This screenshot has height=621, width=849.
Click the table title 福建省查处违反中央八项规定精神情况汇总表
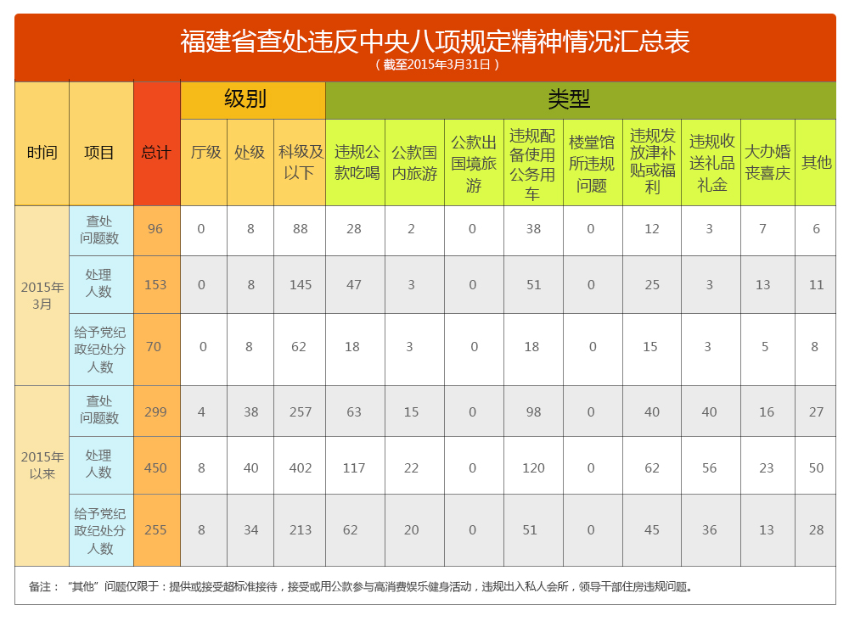point(435,41)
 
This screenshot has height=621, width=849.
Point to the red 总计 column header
point(156,153)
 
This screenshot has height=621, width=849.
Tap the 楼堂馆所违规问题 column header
point(592,163)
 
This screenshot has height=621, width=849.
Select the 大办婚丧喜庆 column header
point(767,162)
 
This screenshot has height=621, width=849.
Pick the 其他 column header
point(817,162)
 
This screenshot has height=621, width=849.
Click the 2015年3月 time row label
point(42,294)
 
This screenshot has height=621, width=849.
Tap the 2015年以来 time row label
point(42,465)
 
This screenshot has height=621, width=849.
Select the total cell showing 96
point(155,229)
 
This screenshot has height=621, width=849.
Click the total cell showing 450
point(155,467)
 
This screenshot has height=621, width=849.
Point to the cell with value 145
point(301,285)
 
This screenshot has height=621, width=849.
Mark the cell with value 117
point(354,467)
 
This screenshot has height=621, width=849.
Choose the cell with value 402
point(301,467)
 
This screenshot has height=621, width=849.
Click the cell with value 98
point(533,412)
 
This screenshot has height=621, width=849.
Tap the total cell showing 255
point(155,530)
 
